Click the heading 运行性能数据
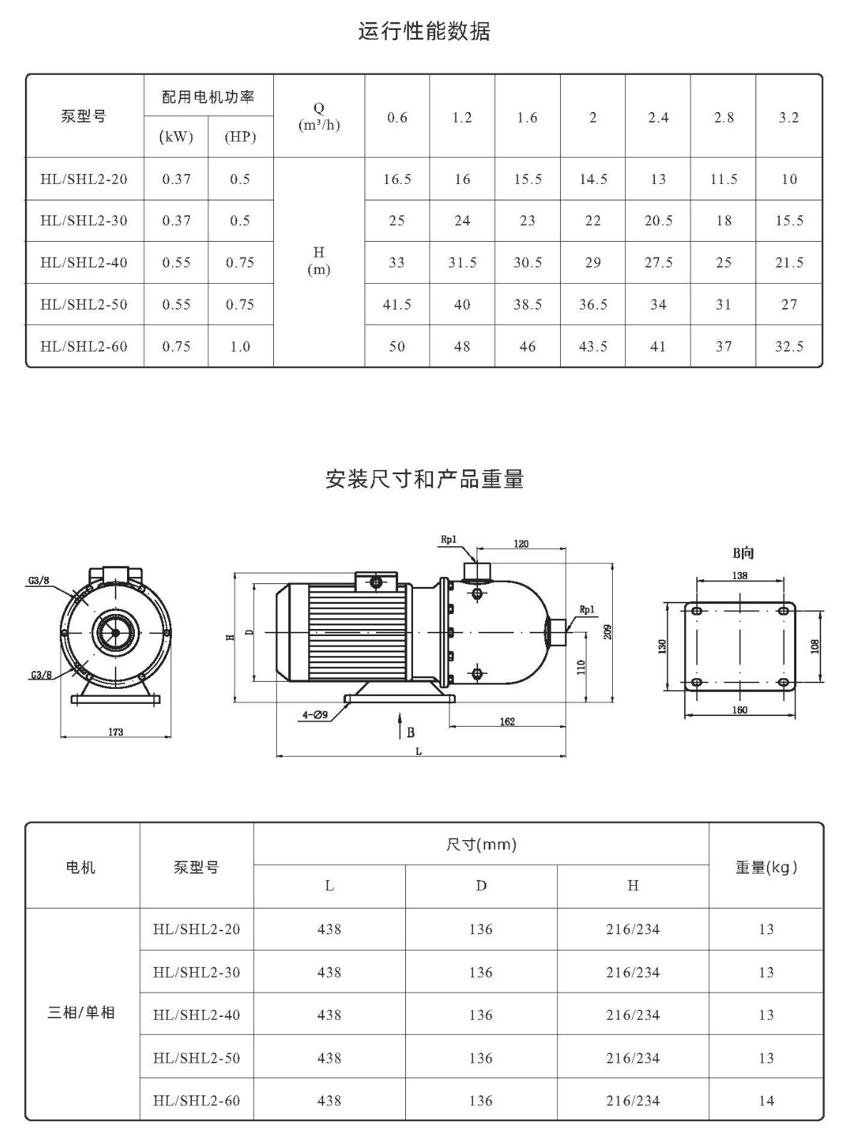[x=424, y=31]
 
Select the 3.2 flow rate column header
[x=789, y=118]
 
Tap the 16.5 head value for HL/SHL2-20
[x=397, y=179]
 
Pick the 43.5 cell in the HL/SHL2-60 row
[x=593, y=346]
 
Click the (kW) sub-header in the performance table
[x=176, y=137]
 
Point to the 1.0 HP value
[x=240, y=346]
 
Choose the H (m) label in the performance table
[x=319, y=261]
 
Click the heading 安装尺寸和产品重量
[x=424, y=479]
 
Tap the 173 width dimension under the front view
[x=116, y=732]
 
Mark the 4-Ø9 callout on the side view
[x=315, y=715]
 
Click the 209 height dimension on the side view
[x=608, y=633]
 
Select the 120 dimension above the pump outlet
[x=521, y=543]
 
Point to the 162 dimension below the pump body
[x=507, y=722]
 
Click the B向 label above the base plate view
[x=743, y=553]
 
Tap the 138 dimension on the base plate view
[x=739, y=575]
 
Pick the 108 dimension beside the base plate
[x=815, y=646]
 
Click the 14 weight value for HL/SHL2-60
[x=766, y=1100]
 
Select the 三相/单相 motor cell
[x=81, y=1013]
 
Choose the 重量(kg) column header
[x=766, y=867]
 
